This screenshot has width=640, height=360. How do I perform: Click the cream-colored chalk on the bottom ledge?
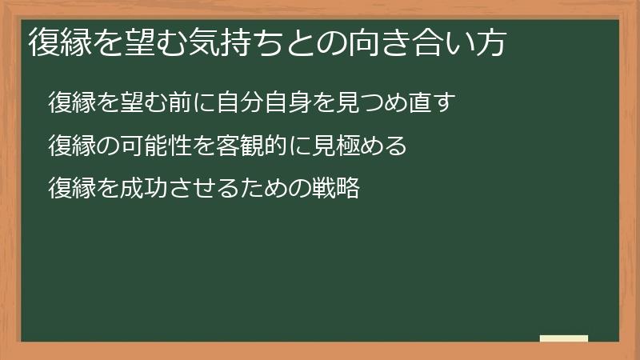tap(563, 338)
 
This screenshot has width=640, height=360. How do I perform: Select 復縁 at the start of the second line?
tap(69, 147)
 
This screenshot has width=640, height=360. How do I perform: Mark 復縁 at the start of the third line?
tap(69, 190)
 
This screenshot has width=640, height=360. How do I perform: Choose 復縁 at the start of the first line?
tap(69, 104)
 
